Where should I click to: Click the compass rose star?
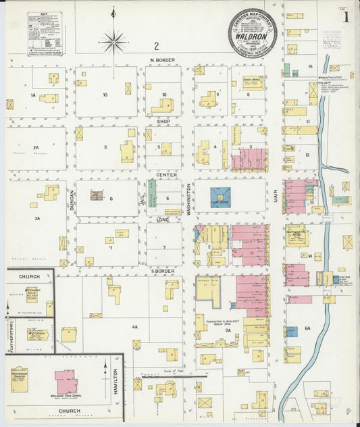click(x=113, y=41)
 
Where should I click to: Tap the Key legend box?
click(x=46, y=32)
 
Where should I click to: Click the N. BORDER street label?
click(x=162, y=60)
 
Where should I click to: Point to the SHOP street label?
click(x=163, y=122)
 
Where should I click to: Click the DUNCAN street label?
click(x=71, y=200)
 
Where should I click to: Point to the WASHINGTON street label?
click(x=188, y=200)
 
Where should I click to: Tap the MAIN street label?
click(x=276, y=195)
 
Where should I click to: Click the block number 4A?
click(x=134, y=327)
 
